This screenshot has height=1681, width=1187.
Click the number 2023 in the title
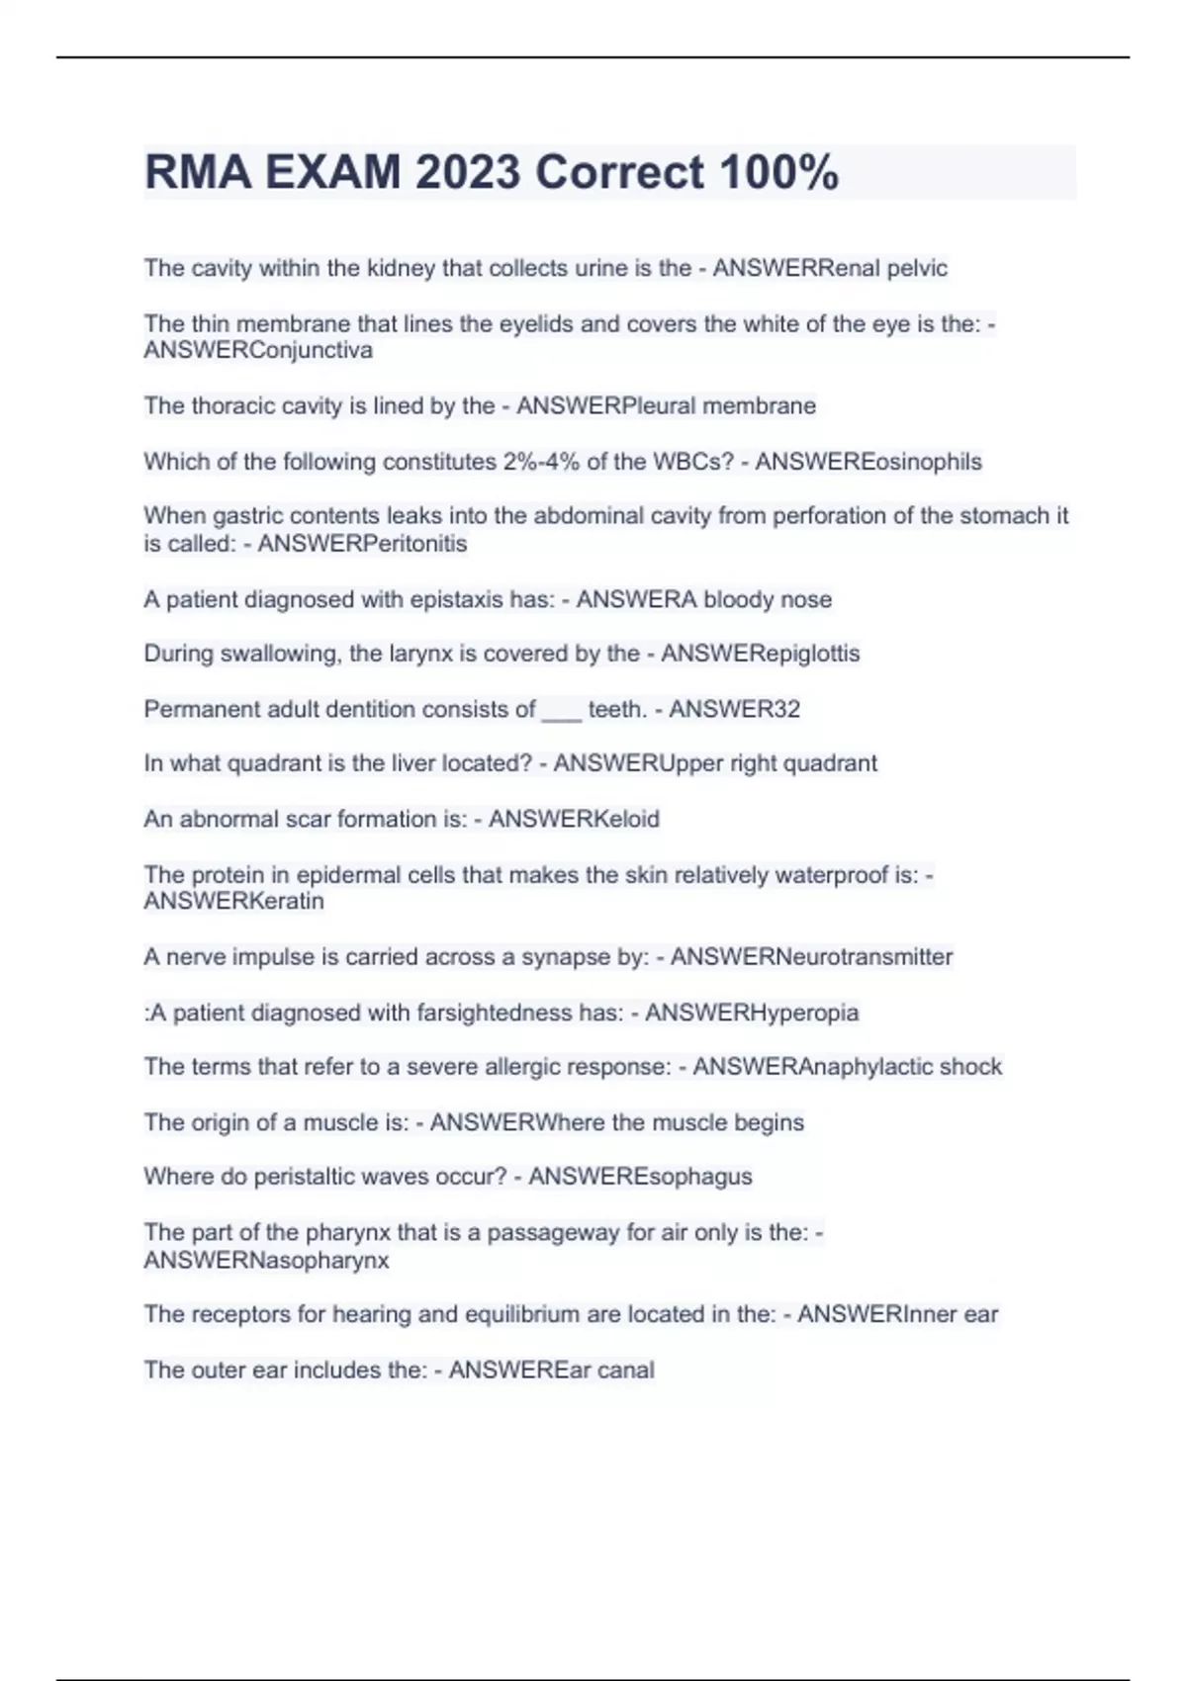pos(467,172)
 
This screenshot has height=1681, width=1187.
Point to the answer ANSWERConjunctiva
pos(258,350)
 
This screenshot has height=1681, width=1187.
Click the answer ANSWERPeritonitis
pos(362,543)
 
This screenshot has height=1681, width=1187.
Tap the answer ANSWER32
pos(734,709)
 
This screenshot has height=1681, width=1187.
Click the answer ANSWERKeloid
pos(574,819)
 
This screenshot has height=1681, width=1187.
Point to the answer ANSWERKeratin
pos(233,901)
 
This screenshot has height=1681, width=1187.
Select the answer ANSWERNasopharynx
pos(266,1261)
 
